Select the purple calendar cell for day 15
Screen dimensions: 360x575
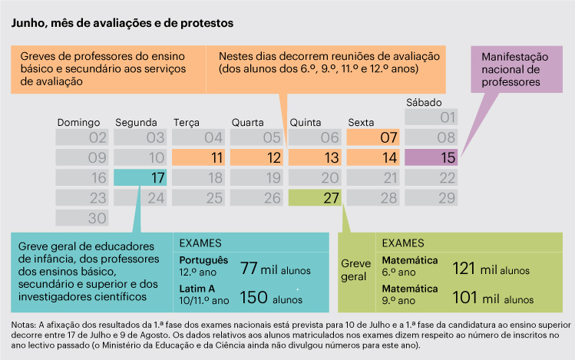[431, 158]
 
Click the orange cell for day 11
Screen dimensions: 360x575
[198, 158]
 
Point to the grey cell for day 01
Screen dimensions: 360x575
[431, 117]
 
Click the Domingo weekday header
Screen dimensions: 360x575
[79, 122]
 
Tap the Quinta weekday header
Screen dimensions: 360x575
[305, 122]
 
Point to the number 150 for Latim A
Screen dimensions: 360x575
[254, 297]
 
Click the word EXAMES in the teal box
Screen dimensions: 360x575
[200, 243]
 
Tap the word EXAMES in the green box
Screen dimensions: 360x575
[403, 243]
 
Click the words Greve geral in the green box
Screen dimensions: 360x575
[355, 269]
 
